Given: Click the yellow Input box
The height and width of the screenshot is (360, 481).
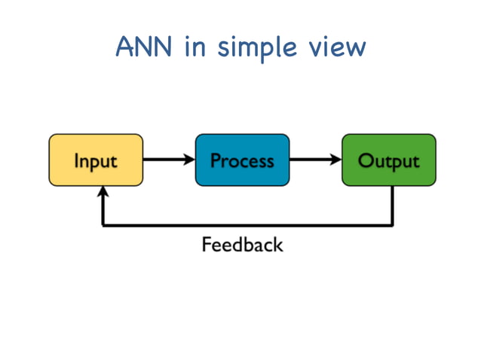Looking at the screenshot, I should coord(96,160).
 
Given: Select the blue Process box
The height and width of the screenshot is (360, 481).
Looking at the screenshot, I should coord(242,160).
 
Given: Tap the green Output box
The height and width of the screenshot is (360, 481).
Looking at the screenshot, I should coord(388,160).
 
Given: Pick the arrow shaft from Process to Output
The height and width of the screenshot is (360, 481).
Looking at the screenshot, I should coord(310,160).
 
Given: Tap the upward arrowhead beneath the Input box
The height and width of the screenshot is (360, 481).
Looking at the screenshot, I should coord(103,193).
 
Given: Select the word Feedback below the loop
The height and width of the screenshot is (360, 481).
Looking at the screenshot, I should coord(242,245).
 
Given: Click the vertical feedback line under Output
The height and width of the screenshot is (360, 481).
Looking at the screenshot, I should coord(392,205).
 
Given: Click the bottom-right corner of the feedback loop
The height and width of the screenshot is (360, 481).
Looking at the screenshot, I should coord(392,224).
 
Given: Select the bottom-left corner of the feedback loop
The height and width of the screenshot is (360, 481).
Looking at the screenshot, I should coord(103,224).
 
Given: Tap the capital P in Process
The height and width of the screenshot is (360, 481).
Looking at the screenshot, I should coord(216,160).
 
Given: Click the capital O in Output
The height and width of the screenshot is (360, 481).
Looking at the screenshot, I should coord(366,160).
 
